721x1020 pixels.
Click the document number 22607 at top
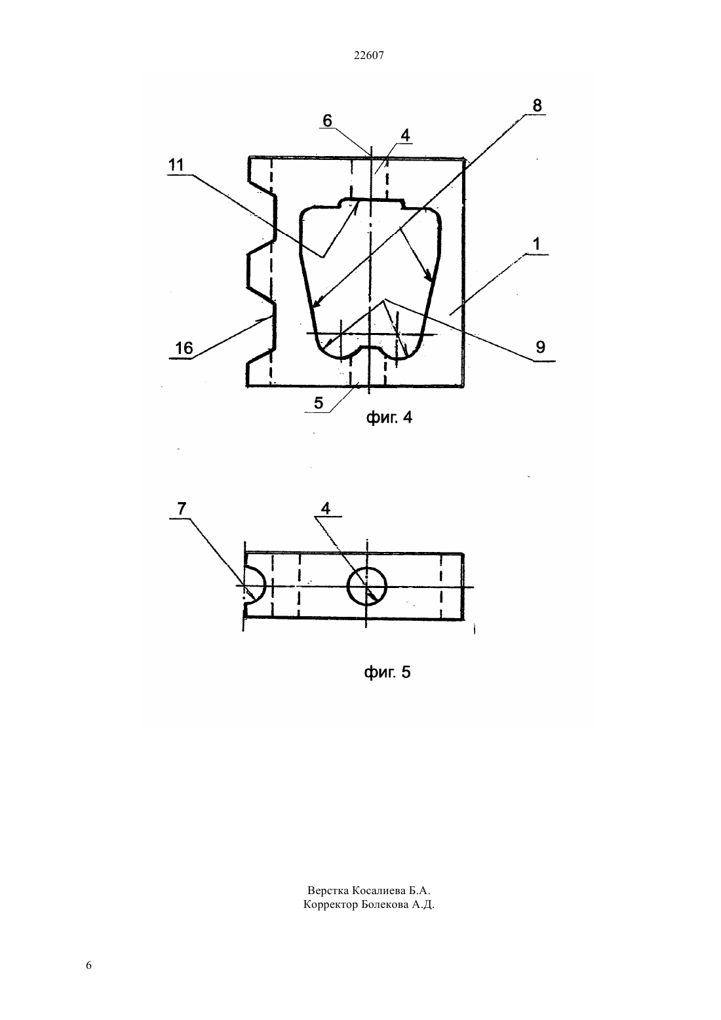coord(368,56)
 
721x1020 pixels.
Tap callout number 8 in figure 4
coord(537,105)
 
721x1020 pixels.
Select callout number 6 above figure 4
coord(327,121)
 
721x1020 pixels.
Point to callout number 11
coord(176,165)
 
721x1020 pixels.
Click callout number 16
coord(184,348)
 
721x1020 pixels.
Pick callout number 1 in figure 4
coord(537,244)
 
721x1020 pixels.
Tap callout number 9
coord(540,347)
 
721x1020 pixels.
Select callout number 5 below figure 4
coord(319,402)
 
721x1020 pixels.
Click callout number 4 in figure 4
coord(405,135)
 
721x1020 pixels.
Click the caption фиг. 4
coord(389,418)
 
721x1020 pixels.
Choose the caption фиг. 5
coord(387,672)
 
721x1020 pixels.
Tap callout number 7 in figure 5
coord(182,509)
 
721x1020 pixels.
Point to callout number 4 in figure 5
coord(326,508)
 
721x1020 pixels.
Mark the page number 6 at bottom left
coord(88,966)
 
